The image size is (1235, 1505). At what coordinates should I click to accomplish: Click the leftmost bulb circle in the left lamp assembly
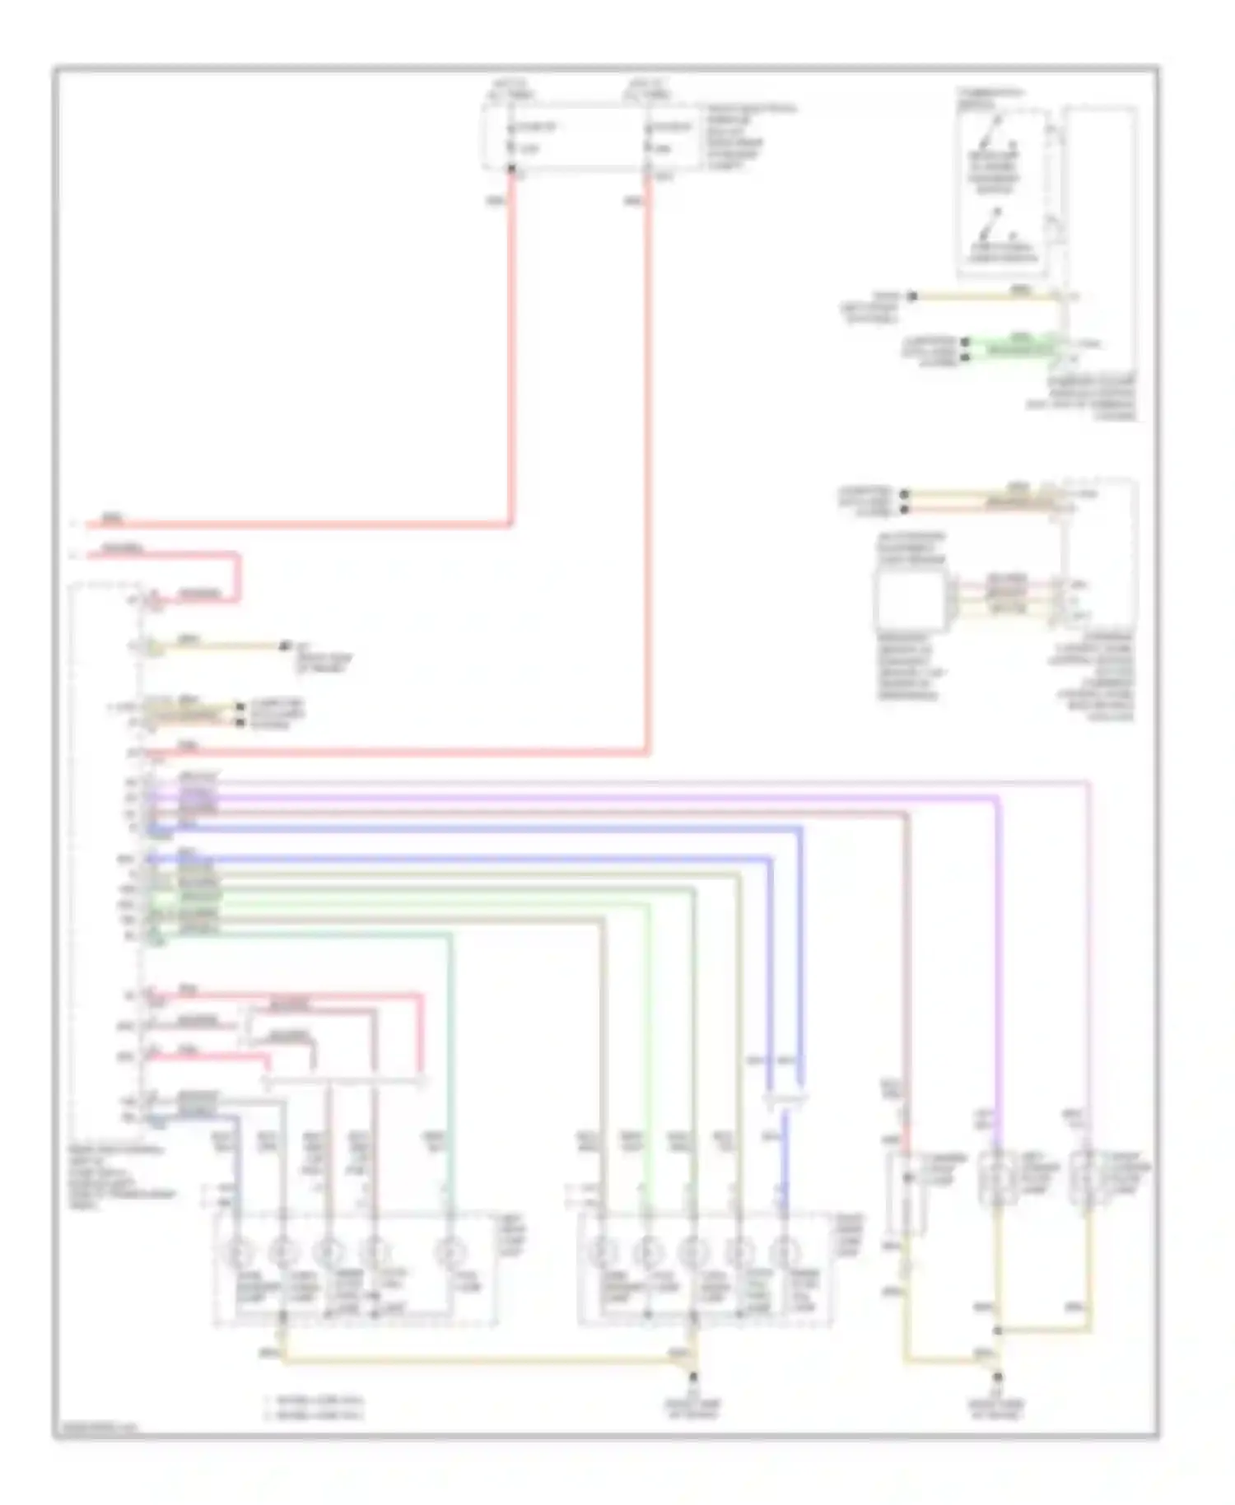click(x=238, y=1254)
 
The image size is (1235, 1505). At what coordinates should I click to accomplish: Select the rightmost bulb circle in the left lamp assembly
click(x=450, y=1254)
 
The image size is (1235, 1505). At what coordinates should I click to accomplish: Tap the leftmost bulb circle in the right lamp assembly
click(x=603, y=1254)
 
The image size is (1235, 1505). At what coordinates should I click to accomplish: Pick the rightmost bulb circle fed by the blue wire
click(x=784, y=1254)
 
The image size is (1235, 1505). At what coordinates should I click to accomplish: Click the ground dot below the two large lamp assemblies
click(x=694, y=1376)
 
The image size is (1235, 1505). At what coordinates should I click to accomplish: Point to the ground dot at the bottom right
click(x=997, y=1376)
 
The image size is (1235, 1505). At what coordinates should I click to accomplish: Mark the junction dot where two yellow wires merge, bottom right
click(x=997, y=1330)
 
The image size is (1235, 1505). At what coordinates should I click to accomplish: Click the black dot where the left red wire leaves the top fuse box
click(x=511, y=170)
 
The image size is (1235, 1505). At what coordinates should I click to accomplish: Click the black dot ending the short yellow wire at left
click(x=285, y=646)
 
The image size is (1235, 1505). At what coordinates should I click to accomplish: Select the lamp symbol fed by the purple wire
click(x=997, y=1177)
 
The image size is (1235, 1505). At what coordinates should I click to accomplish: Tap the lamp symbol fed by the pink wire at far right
click(x=1088, y=1177)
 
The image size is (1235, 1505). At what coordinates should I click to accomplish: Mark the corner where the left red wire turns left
click(x=510, y=524)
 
